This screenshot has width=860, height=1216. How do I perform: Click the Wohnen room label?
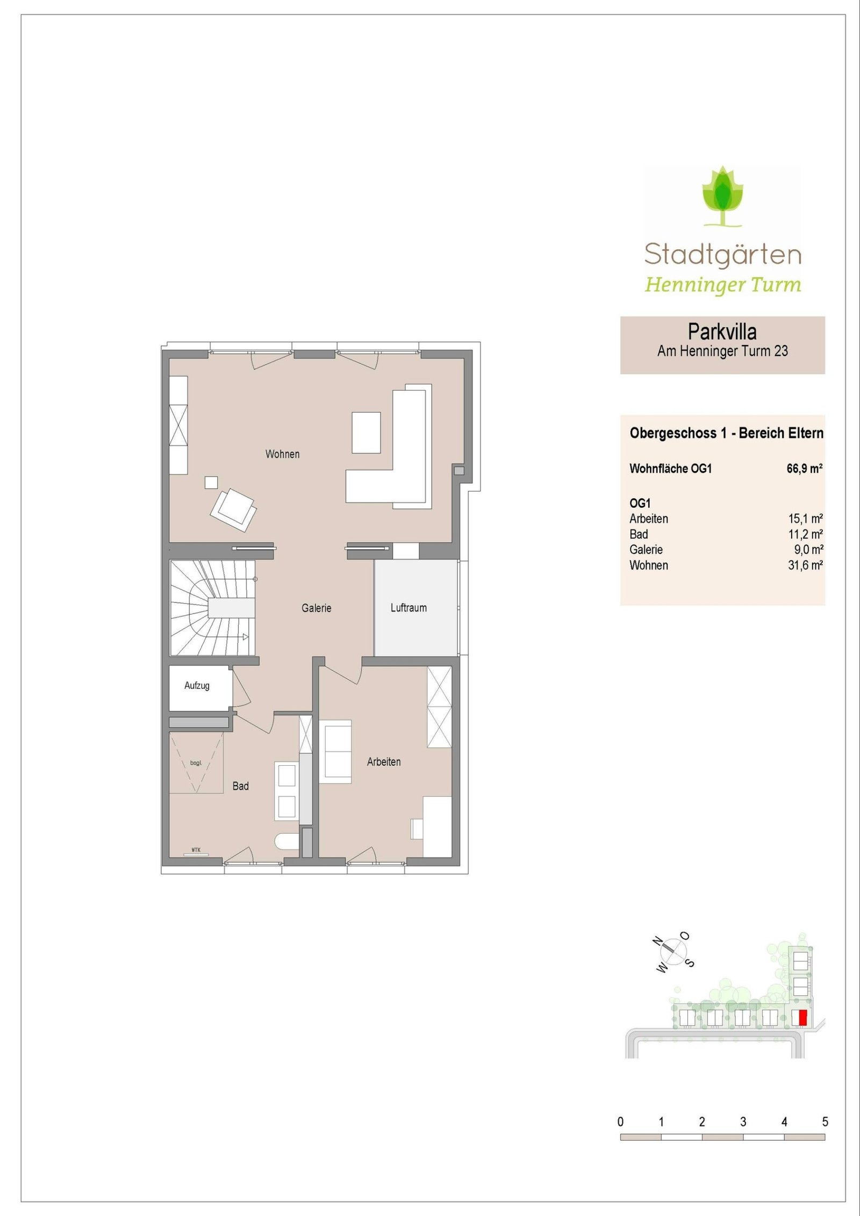282,454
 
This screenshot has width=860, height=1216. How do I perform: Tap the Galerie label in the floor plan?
316,608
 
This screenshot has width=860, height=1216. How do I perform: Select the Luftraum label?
408,608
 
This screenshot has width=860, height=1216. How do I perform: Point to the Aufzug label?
197,686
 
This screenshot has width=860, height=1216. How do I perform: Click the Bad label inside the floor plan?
240,786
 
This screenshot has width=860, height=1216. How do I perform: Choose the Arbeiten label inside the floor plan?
384,761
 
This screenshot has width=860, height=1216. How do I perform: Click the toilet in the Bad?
287,841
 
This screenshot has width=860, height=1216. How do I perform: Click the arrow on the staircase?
245,637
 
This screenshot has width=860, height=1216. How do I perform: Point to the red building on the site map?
802,1018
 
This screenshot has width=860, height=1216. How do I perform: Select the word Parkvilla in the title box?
722,332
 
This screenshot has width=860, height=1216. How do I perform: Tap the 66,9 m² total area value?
805,469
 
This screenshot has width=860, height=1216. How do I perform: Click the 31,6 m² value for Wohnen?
805,565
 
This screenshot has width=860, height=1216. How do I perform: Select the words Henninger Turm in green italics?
722,284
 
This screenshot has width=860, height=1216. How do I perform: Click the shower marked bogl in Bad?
196,762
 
